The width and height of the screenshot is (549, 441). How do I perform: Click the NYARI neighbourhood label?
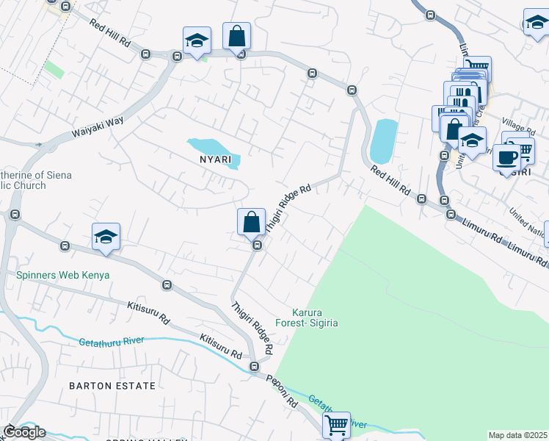pos(213,159)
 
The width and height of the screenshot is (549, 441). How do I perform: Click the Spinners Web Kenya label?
pos(62,276)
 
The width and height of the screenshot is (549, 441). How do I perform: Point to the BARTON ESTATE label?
pos(112,385)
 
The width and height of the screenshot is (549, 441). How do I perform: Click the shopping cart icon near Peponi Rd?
pos(336,424)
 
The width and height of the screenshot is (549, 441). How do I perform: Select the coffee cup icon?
pos(507,157)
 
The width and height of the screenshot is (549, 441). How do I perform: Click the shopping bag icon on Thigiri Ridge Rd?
pos(251,220)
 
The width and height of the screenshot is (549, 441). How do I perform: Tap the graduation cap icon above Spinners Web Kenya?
pos(106,237)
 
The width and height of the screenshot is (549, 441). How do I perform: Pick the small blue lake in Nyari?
pos(214,149)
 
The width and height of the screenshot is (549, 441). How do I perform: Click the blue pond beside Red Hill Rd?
pos(383,141)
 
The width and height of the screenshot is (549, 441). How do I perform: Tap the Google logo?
pos(24,432)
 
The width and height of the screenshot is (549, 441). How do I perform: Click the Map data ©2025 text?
pos(517,435)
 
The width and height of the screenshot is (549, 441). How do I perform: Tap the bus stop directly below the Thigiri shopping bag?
pos(258,245)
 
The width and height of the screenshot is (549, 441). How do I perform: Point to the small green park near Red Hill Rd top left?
pos(53,70)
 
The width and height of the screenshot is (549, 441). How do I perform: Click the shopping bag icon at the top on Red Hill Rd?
pos(236,35)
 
